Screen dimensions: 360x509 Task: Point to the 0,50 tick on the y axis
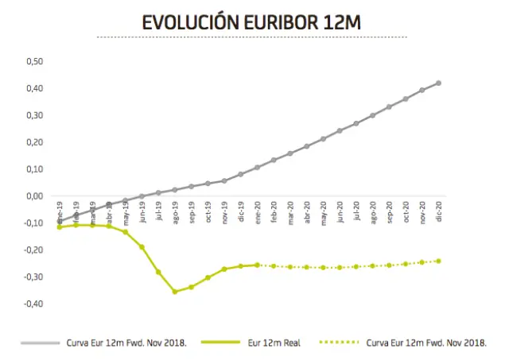click(x=34, y=61)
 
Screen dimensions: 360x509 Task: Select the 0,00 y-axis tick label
click(x=34, y=196)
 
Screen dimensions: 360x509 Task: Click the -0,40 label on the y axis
click(x=33, y=304)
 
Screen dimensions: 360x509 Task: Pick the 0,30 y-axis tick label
click(x=34, y=115)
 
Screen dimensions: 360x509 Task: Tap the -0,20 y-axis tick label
click(x=33, y=250)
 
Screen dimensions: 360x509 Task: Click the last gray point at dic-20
click(x=438, y=83)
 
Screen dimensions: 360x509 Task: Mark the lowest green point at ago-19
click(x=175, y=292)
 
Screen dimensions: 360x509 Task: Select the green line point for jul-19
click(x=158, y=272)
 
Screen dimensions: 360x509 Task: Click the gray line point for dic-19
click(x=241, y=174)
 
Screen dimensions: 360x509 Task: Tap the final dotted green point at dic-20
click(x=438, y=261)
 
